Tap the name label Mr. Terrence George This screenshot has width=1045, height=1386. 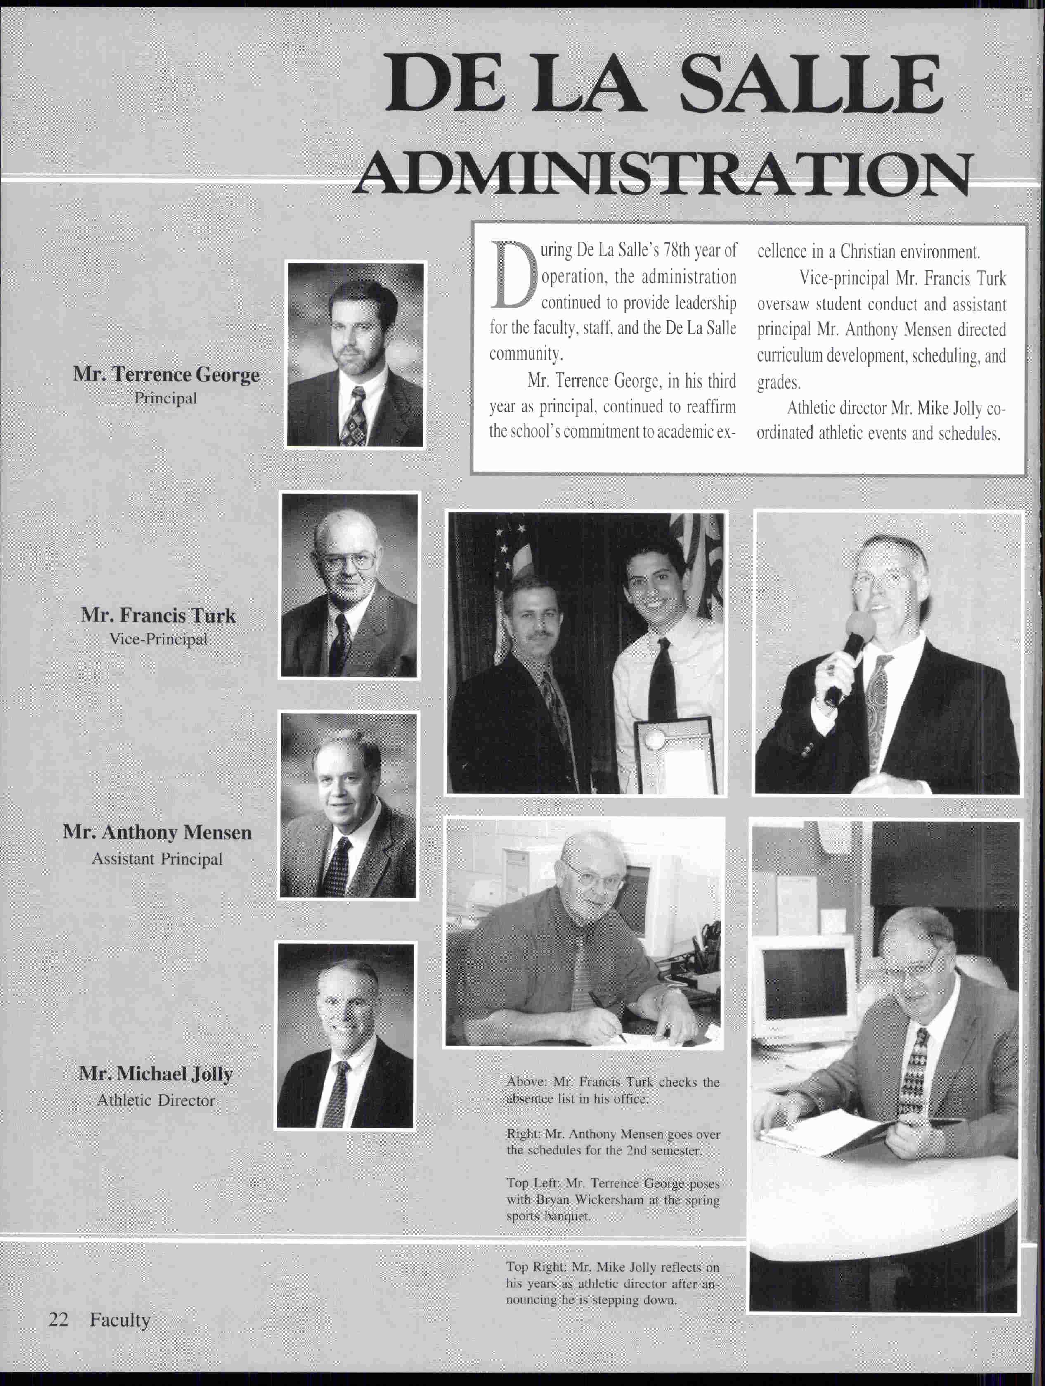165,375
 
